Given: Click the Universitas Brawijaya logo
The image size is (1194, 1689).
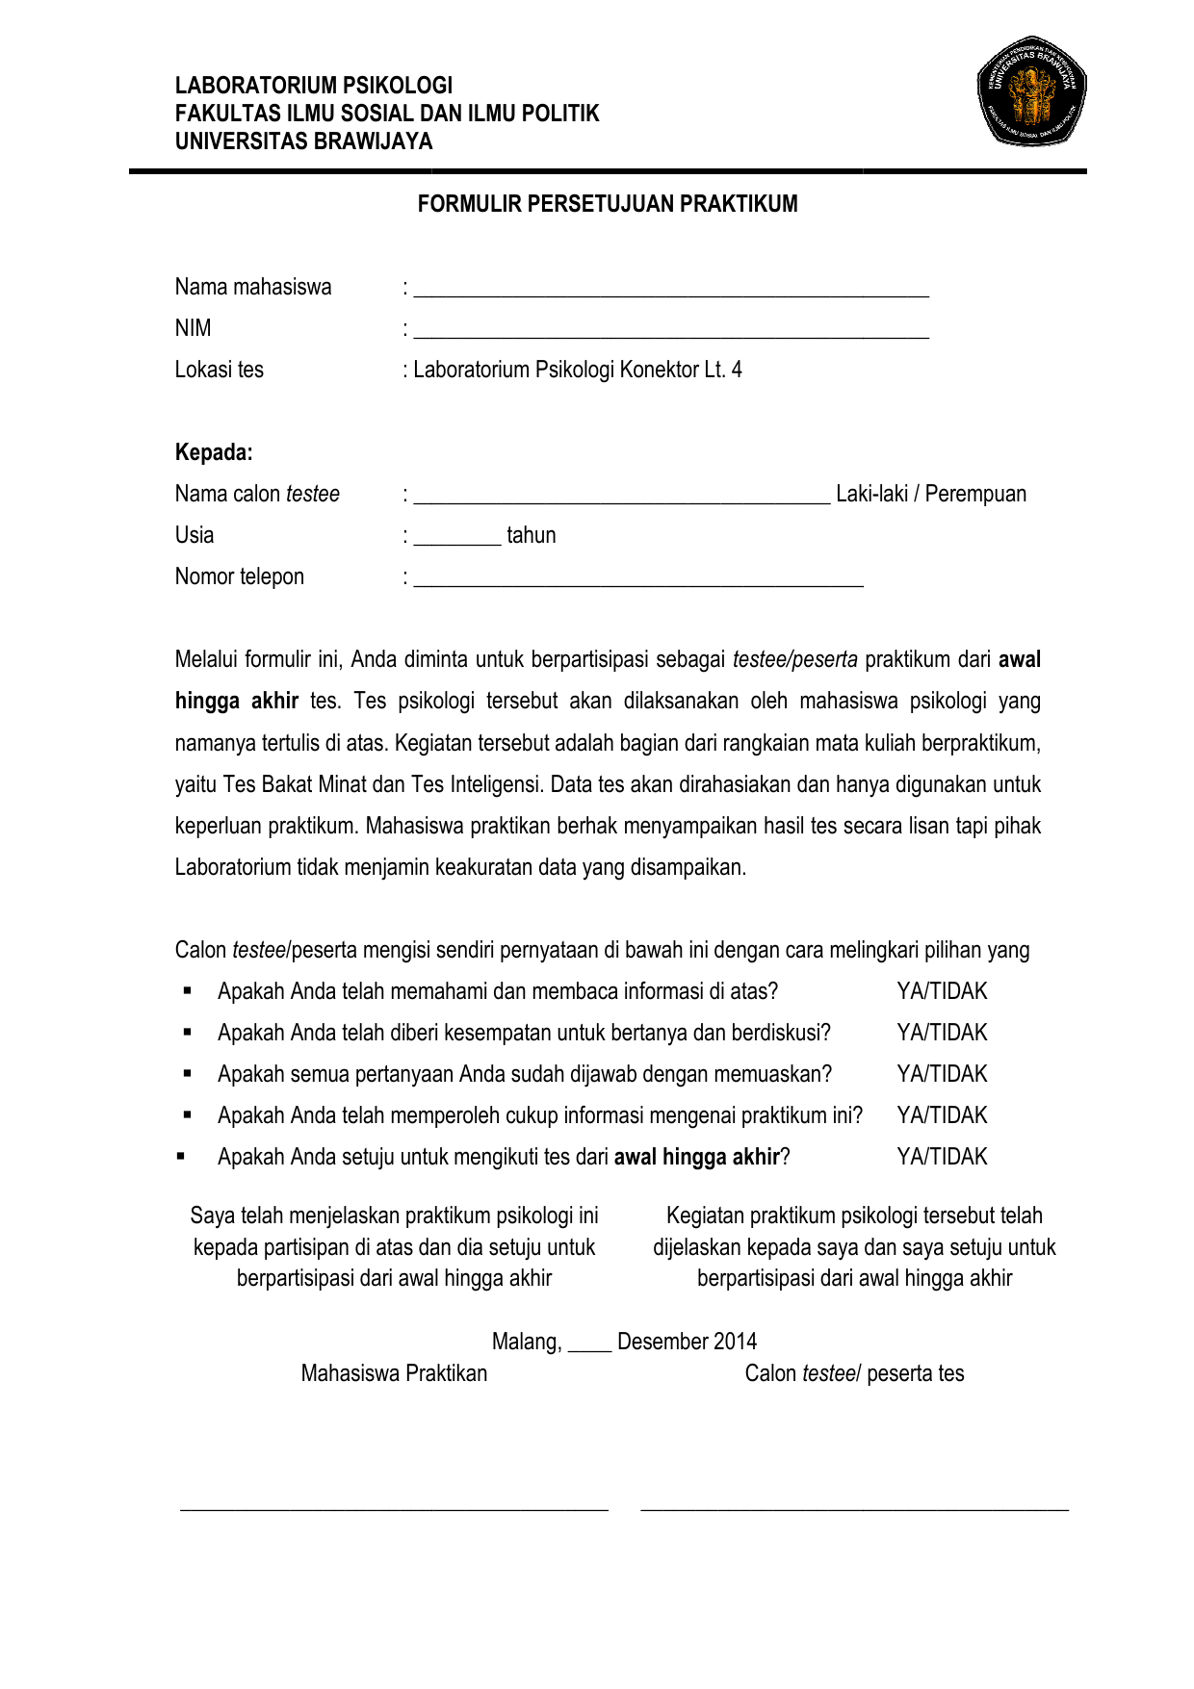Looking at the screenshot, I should coord(1031,91).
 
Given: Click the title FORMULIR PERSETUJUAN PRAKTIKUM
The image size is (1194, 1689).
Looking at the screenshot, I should coord(607,204).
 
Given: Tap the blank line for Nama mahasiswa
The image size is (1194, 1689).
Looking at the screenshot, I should coord(671,293).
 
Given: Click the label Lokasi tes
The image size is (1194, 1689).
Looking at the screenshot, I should coord(219,370).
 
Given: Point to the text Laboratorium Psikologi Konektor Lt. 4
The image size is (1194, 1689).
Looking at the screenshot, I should coord(577,370).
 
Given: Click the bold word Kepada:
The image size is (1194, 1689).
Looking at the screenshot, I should coord(214,452).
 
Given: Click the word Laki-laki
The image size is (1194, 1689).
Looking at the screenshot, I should coord(871,495).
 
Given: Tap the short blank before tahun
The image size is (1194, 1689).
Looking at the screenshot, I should coord(457,541).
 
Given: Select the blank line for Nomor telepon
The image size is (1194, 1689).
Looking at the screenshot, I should coord(638,582).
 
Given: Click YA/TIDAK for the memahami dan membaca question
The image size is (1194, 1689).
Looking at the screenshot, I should coord(941,991).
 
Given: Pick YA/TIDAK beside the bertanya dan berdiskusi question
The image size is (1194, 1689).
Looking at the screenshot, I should coord(941,1033).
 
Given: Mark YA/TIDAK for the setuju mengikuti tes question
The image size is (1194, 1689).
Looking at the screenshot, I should coord(941,1157).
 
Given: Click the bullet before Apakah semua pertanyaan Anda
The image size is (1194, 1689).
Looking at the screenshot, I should coord(188,1073).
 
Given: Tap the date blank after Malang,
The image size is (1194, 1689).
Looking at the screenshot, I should coord(589,1347).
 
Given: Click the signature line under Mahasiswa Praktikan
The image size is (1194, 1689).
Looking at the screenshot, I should coord(394,1508).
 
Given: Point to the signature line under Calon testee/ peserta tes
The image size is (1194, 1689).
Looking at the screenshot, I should coord(854,1508).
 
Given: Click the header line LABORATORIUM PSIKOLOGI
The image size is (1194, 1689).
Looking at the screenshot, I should coord(313,86).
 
